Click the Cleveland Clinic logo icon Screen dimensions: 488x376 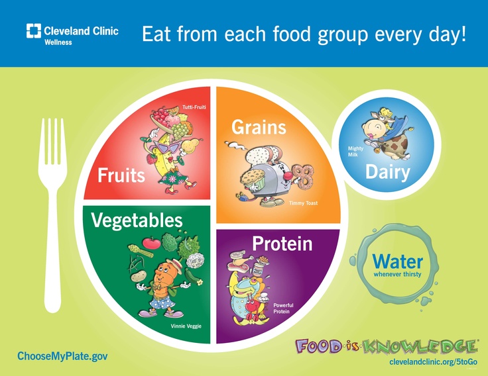(34, 30)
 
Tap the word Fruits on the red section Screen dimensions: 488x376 (121, 175)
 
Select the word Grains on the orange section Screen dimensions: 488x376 (259, 127)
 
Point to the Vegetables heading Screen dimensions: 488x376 (137, 220)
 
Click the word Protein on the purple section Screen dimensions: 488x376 (282, 244)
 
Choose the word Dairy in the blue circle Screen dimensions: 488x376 (387, 172)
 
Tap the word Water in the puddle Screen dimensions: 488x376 (397, 262)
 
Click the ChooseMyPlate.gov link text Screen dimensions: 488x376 (62, 356)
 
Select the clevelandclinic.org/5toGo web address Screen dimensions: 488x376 (433, 361)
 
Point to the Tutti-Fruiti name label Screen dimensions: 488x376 (194, 107)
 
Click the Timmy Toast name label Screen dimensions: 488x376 (303, 203)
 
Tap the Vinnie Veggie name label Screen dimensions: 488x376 (186, 326)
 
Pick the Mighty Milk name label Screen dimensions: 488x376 (355, 152)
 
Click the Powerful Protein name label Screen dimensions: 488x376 (283, 308)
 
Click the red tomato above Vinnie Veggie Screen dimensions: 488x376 (152, 242)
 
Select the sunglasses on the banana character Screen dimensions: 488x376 (169, 147)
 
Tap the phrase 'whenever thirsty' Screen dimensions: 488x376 (397, 274)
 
